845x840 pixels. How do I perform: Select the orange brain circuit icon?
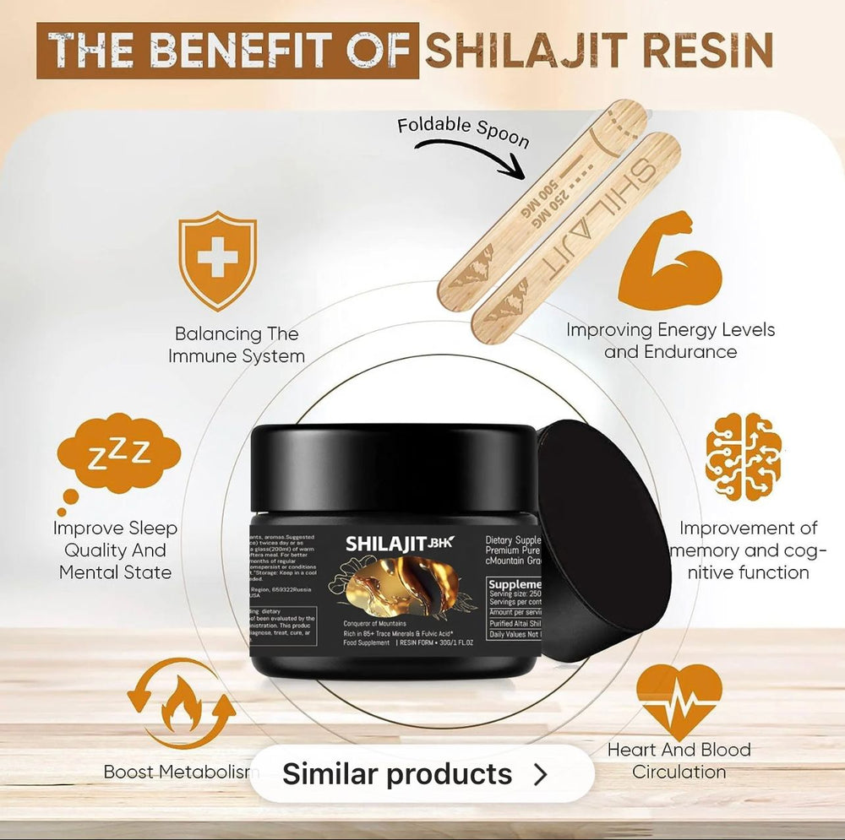coord(743,457)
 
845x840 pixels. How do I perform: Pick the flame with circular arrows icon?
coord(182,703)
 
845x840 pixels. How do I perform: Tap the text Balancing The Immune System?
coord(237,344)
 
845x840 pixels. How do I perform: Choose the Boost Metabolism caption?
coord(176,772)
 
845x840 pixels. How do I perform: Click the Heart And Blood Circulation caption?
coord(679,760)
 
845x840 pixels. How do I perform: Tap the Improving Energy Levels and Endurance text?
coord(670,340)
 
